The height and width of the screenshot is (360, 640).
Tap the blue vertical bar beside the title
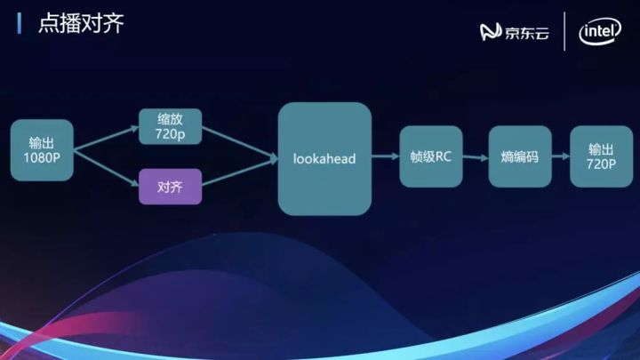pyautogui.click(x=20, y=24)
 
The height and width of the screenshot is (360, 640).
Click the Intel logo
pyautogui.click(x=600, y=33)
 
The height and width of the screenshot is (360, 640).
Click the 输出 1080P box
pyautogui.click(x=41, y=151)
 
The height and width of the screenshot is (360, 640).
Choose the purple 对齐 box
pyautogui.click(x=171, y=187)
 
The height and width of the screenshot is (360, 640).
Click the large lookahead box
pyautogui.click(x=324, y=158)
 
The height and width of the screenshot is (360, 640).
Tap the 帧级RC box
pyautogui.click(x=431, y=156)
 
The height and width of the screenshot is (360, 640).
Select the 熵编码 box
pyautogui.click(x=520, y=156)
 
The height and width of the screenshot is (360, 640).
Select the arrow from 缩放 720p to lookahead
pyautogui.click(x=238, y=145)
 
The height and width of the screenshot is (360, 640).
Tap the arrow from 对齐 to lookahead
pyautogui.click(x=238, y=174)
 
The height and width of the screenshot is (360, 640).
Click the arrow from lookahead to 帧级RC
pyautogui.click(x=384, y=156)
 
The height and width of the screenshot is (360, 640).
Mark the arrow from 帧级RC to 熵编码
pyautogui.click(x=476, y=156)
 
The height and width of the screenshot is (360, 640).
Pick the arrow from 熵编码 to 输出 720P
pyautogui.click(x=560, y=156)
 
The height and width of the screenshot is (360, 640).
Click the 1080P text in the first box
pyautogui.click(x=41, y=158)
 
